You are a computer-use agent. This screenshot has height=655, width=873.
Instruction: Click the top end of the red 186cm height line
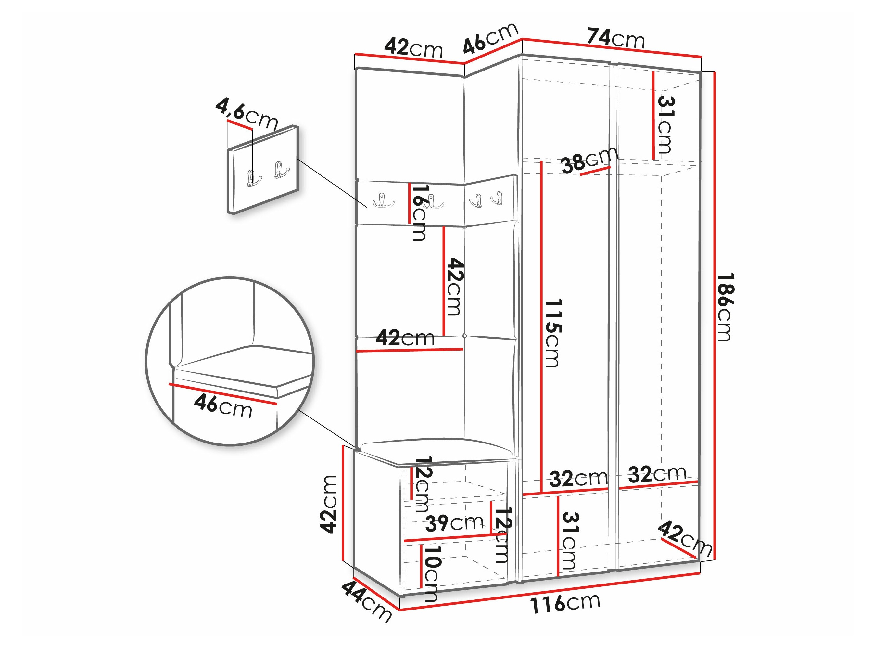(715, 72)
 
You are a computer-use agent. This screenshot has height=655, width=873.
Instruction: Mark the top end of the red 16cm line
(409, 183)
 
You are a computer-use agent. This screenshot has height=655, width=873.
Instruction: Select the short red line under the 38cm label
(595, 171)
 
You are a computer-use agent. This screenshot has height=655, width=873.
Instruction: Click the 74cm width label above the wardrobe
(616, 38)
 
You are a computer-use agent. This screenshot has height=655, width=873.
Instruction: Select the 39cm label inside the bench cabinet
(454, 523)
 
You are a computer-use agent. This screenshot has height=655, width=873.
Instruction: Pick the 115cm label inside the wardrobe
(552, 333)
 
